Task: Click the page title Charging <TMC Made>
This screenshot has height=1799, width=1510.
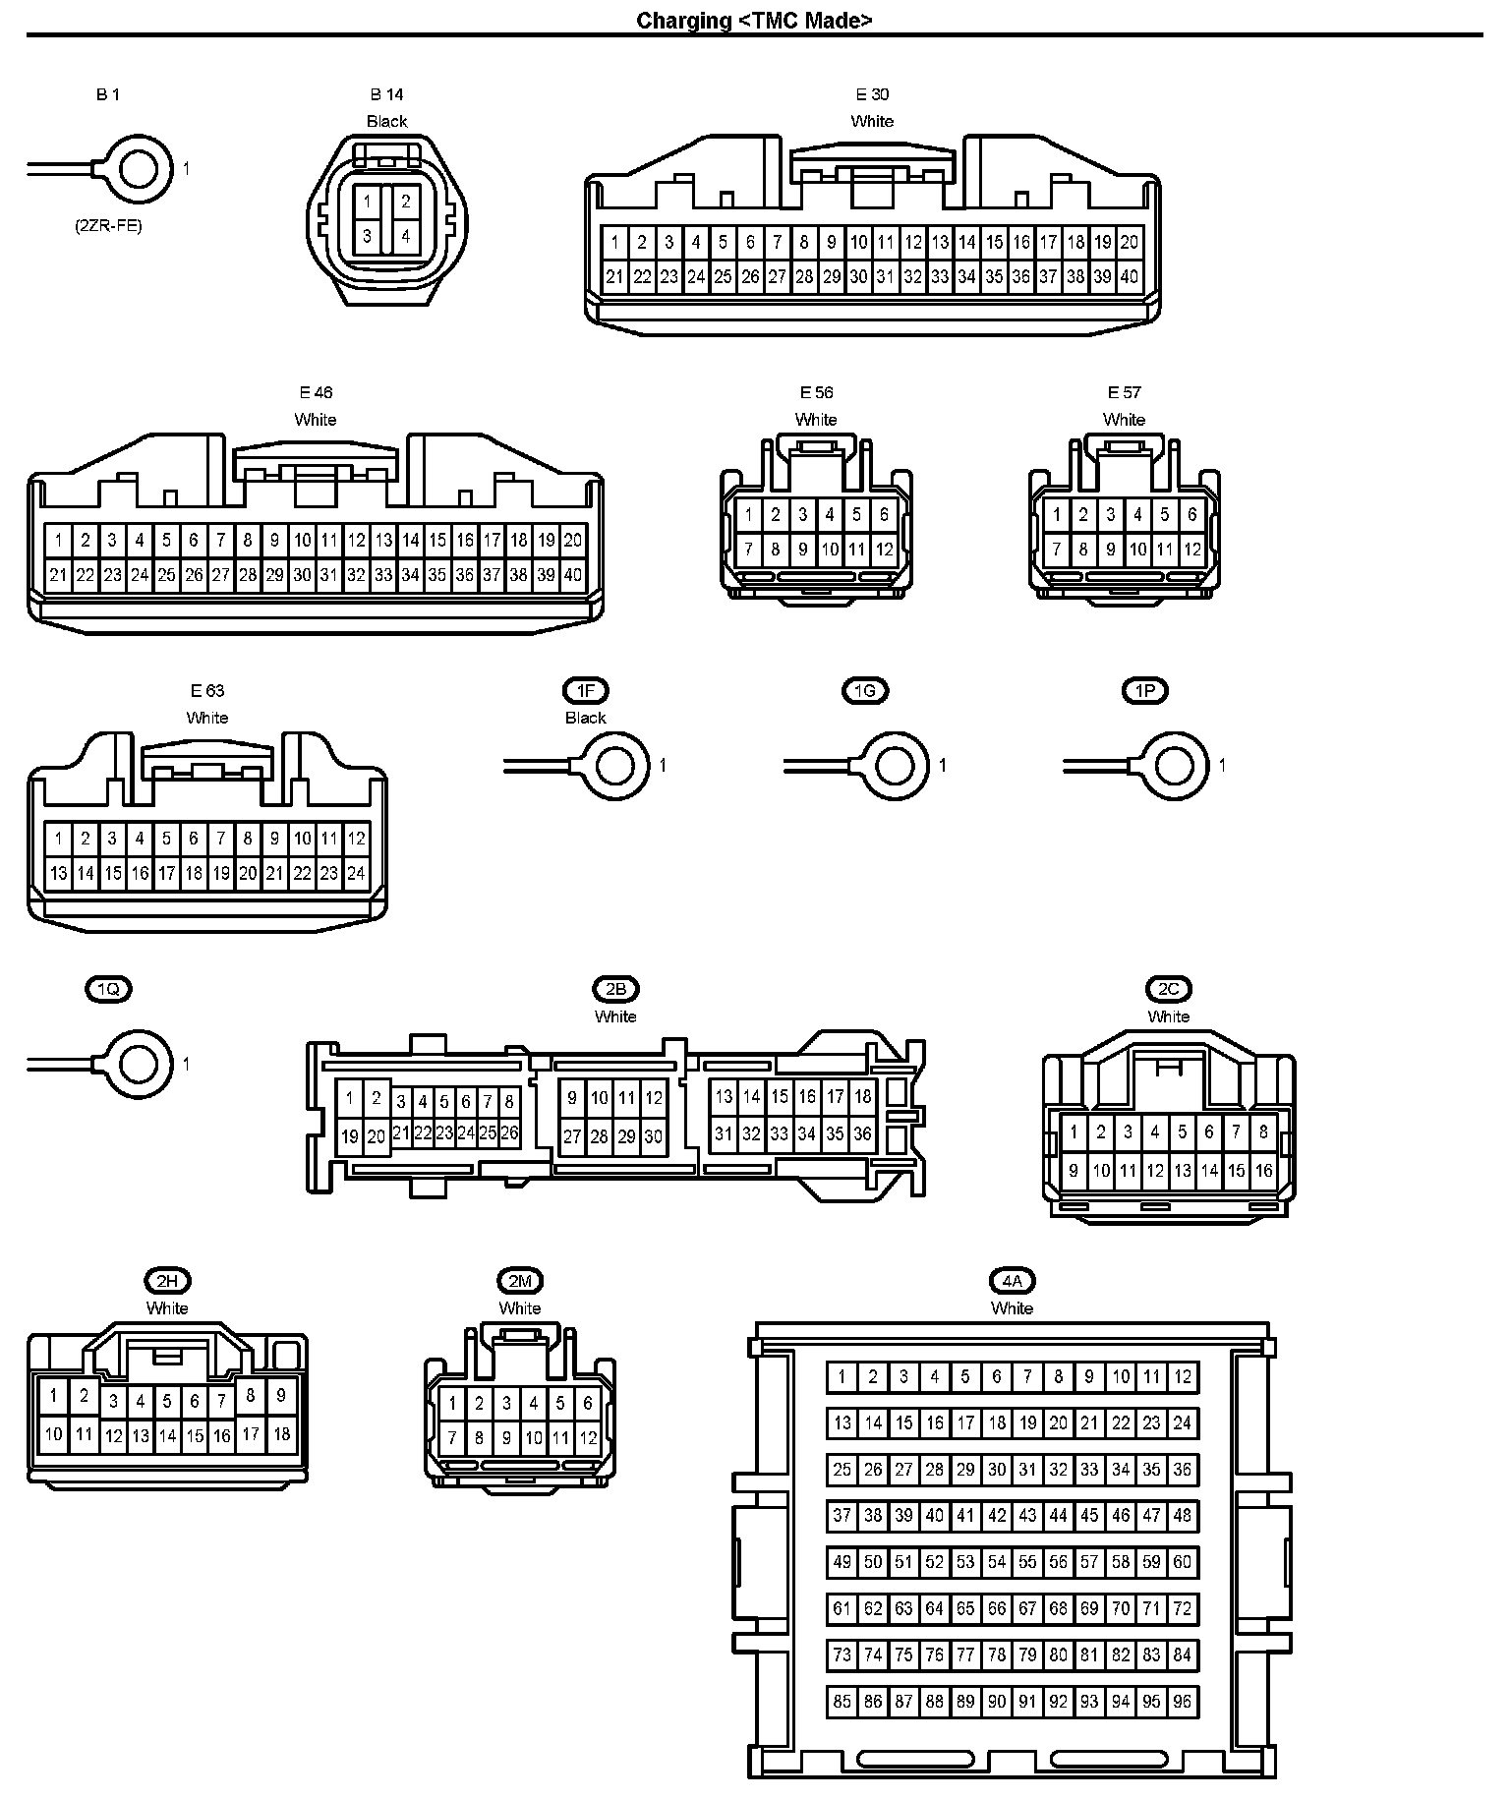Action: [x=754, y=20]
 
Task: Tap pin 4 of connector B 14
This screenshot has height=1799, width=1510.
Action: [x=405, y=236]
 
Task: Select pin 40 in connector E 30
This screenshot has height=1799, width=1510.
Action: [x=1130, y=277]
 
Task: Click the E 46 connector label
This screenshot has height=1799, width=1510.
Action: [x=316, y=392]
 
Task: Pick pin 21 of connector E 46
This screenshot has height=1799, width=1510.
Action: [x=58, y=575]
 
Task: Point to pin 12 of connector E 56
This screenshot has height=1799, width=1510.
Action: [x=884, y=550]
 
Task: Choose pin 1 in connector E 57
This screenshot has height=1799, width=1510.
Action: [x=1057, y=514]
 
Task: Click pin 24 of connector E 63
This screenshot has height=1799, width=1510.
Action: [x=356, y=873]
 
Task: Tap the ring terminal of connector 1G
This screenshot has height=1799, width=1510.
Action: [x=895, y=765]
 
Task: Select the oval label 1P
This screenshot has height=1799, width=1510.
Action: [x=1145, y=691]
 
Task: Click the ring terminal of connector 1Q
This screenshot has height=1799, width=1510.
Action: [x=138, y=1064]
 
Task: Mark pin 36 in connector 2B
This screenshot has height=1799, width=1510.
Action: [x=862, y=1133]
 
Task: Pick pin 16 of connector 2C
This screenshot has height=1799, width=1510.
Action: [x=1263, y=1171]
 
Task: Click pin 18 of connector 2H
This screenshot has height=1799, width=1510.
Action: [x=281, y=1434]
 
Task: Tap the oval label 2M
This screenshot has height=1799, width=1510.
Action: [x=520, y=1281]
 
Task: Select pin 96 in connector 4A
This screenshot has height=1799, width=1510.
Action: [x=1182, y=1702]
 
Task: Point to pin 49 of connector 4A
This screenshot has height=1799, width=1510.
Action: [x=842, y=1562]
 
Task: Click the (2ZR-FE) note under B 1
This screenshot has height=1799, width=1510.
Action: [x=108, y=225]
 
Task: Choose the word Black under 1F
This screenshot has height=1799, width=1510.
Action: [x=586, y=718]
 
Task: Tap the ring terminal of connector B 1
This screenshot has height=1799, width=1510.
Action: [x=138, y=169]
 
